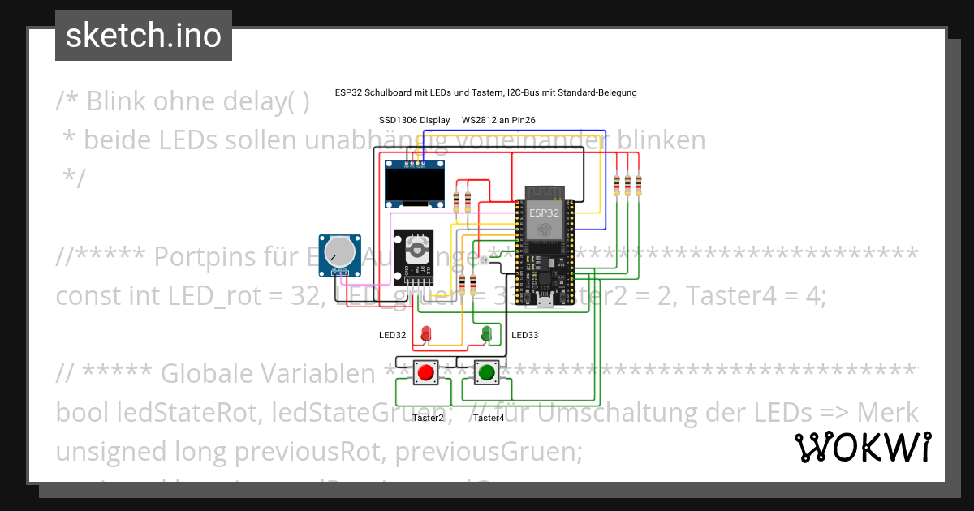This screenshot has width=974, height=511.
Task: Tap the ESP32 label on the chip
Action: [544, 212]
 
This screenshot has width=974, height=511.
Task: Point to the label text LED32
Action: [392, 335]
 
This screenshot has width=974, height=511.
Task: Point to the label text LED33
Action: [524, 335]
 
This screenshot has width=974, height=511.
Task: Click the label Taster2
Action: [428, 419]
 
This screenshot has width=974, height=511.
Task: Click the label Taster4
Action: [489, 419]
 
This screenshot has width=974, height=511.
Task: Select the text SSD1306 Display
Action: [414, 120]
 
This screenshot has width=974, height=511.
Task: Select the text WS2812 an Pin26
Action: [498, 120]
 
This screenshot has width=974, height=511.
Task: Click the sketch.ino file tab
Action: [144, 36]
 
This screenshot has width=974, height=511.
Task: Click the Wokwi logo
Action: [862, 447]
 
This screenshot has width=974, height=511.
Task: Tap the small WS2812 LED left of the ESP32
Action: [484, 260]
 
